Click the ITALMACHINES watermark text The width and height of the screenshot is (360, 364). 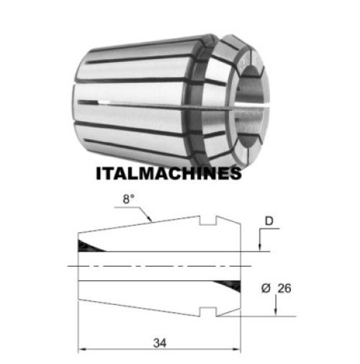(x=168, y=173)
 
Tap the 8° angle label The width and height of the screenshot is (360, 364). (x=129, y=199)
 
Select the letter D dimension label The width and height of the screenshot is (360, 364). (x=269, y=221)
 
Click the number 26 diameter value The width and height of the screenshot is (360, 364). (x=284, y=288)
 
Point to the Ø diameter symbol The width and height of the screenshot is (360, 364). (x=266, y=288)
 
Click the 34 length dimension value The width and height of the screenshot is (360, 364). (x=160, y=343)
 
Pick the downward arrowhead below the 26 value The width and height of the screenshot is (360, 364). (x=276, y=311)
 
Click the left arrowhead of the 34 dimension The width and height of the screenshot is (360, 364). (x=82, y=349)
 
